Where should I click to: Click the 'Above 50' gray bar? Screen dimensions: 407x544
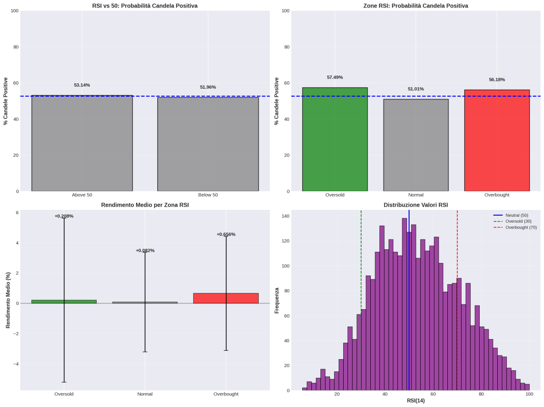coord(82,143)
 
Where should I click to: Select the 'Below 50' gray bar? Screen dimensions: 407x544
coord(208,144)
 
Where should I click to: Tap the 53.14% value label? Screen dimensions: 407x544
coord(82,85)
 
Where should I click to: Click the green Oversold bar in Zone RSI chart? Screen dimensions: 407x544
coord(335,139)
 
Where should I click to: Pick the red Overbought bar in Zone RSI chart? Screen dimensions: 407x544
coord(497,140)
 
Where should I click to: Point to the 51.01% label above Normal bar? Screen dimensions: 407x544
coord(415,89)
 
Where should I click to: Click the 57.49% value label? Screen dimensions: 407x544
coord(335,77)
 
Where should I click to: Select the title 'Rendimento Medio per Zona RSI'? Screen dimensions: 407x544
coord(144,205)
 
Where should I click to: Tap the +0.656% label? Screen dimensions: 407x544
coord(226,234)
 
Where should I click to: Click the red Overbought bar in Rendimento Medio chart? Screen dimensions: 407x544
coord(226,298)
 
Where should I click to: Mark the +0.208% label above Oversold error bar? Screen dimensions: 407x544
coord(64,216)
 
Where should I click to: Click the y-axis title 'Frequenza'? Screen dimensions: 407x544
coord(277,300)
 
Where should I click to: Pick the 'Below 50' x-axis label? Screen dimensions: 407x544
coord(208,195)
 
